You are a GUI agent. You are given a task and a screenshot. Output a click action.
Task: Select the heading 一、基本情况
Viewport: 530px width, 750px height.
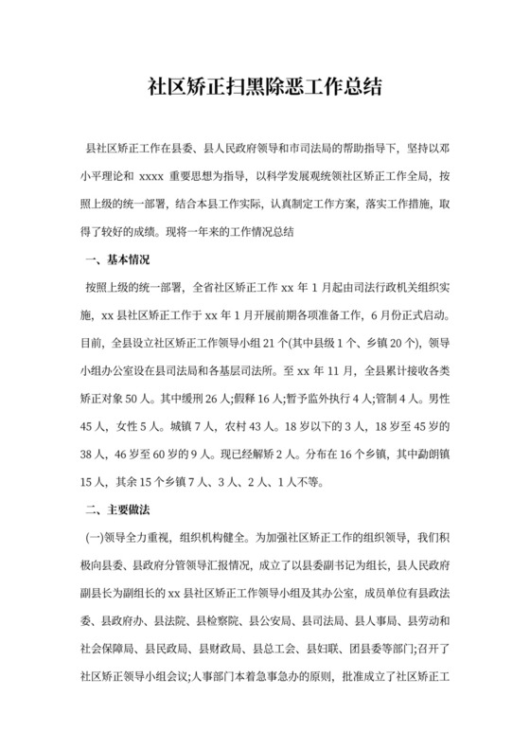[x=118, y=259]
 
